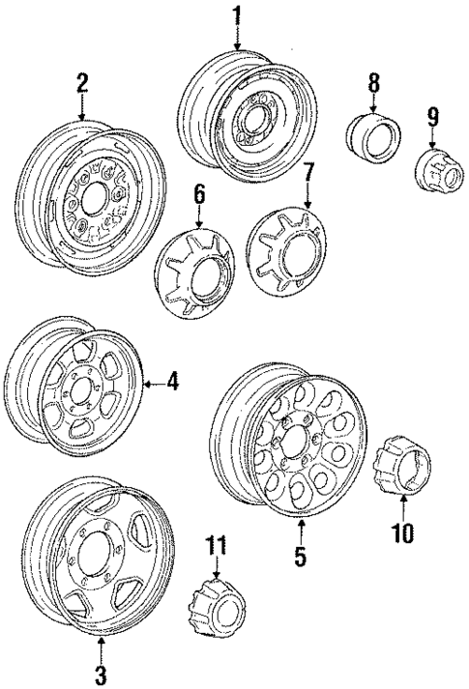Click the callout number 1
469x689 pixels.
[x=236, y=15]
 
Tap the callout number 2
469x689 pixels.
[x=82, y=83]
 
